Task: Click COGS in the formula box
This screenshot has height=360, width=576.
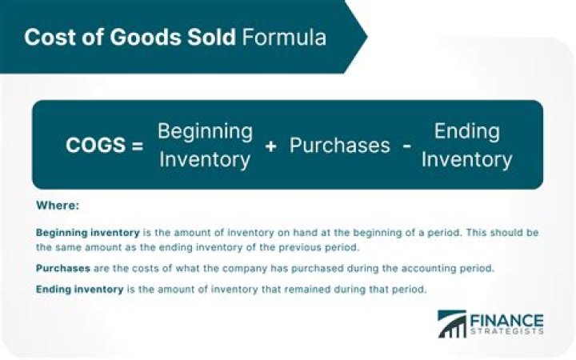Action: tap(96, 146)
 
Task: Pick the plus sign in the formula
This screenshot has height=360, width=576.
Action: tap(270, 146)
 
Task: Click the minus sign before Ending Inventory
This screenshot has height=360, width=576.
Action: tap(407, 146)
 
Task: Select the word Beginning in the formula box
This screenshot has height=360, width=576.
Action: tap(205, 131)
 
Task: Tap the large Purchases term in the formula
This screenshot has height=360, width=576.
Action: tap(339, 146)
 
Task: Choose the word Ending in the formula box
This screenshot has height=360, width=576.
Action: tap(466, 131)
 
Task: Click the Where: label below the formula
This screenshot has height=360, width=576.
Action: tap(58, 206)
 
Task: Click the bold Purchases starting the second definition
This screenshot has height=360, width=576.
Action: tap(62, 268)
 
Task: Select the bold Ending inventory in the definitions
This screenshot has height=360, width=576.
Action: tap(79, 289)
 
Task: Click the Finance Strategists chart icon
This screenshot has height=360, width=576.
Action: tap(452, 323)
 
